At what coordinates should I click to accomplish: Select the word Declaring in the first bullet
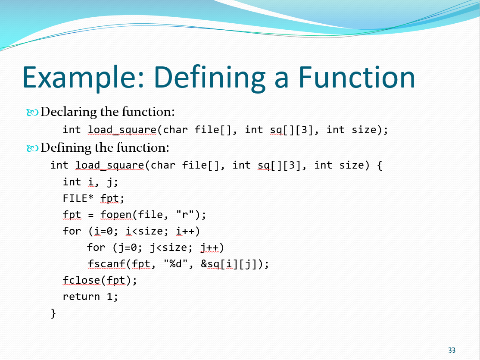69,112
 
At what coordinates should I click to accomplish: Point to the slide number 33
452,350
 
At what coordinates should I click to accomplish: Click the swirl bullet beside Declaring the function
32,113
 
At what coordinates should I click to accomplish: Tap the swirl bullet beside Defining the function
32,149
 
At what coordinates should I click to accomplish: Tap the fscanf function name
106,264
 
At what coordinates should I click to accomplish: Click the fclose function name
81,280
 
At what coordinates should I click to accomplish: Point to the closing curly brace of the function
53,313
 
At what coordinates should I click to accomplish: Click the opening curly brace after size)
380,166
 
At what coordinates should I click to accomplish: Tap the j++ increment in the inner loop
209,247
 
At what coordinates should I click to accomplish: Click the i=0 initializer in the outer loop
103,231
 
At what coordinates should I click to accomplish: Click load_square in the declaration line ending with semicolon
122,130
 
